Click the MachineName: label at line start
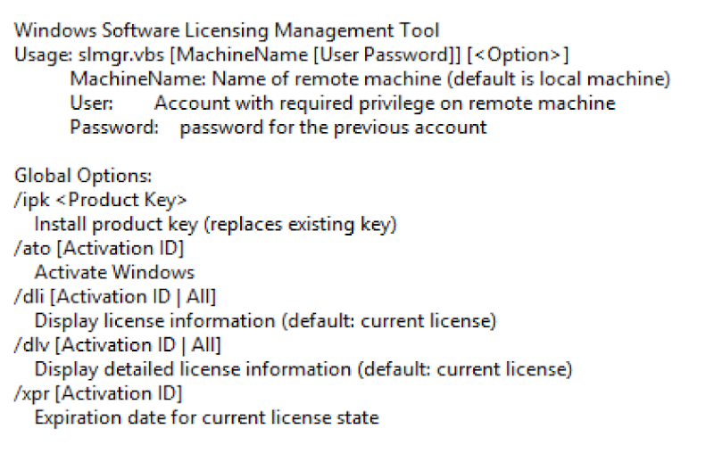pyautogui.click(x=137, y=79)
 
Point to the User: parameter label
pyautogui.click(x=92, y=103)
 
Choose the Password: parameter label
pyautogui.click(x=113, y=127)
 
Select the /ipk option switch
pyautogui.click(x=31, y=200)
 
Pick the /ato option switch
pyautogui.click(x=32, y=248)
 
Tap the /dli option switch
pyautogui.click(x=29, y=296)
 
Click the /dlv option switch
pyautogui.click(x=31, y=344)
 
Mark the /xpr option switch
pyautogui.click(x=32, y=392)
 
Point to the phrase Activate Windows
pyautogui.click(x=114, y=272)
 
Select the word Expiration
pyautogui.click(x=76, y=417)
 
